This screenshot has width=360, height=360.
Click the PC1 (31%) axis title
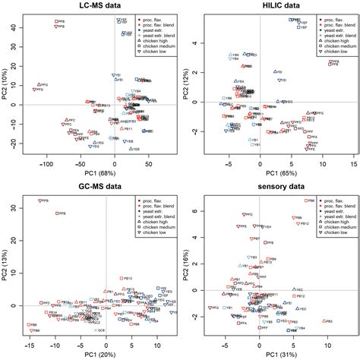(270, 354)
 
